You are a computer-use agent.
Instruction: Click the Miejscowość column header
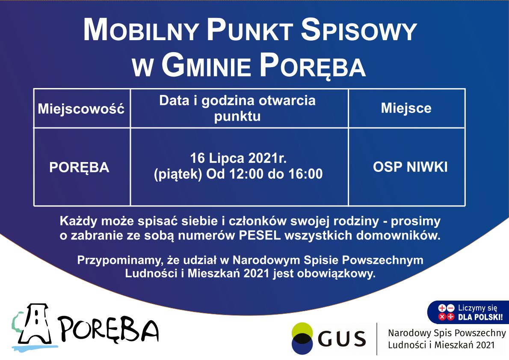81,109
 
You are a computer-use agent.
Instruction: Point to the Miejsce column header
406,108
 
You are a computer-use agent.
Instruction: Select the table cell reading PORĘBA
79,168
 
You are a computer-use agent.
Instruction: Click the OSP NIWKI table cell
410,167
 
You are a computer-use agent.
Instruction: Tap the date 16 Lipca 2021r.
238,158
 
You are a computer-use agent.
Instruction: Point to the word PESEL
260,235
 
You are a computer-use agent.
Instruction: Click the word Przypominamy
120,261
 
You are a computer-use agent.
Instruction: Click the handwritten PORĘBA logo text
108,330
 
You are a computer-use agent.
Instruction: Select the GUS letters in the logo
342,339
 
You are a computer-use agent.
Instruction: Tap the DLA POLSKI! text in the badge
480,317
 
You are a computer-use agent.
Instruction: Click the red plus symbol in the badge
442,308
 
